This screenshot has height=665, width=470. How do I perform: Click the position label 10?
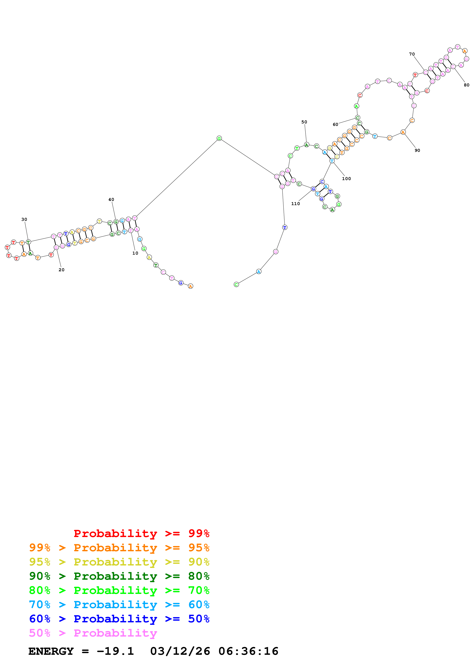[x=135, y=253]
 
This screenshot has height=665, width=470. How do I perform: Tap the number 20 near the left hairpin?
[x=61, y=270]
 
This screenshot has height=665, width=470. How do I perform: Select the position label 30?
[x=24, y=220]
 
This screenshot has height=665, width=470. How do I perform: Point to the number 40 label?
[x=111, y=200]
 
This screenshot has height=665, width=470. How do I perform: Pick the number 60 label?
[x=335, y=125]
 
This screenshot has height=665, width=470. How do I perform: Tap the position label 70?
[x=412, y=54]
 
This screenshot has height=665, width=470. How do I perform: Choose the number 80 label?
[x=466, y=85]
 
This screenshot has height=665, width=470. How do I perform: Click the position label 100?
[x=346, y=179]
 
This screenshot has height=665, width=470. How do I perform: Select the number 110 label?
[x=295, y=204]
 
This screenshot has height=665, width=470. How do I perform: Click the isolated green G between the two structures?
[x=219, y=138]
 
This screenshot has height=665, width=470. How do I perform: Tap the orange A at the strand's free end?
[x=190, y=286]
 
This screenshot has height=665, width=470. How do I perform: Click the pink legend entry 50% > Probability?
[x=93, y=633]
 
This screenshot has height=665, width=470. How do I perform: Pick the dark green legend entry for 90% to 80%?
[x=119, y=576]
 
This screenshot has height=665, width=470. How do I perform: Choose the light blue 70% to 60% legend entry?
[x=119, y=605]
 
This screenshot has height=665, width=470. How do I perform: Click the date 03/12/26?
[x=180, y=651]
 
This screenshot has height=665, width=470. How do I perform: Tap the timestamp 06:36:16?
[x=248, y=651]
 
